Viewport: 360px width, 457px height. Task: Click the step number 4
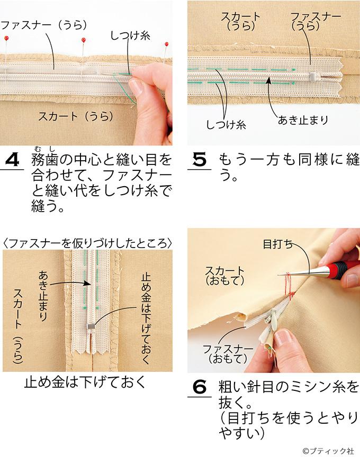click(x=12, y=160)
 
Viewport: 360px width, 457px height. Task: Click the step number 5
click(x=200, y=160)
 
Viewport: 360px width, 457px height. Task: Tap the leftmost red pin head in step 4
click(x=6, y=38)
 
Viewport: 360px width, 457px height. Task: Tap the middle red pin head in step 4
click(x=84, y=40)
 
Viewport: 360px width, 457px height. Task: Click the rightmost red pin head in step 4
click(x=166, y=44)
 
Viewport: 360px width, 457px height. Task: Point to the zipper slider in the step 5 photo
click(x=313, y=77)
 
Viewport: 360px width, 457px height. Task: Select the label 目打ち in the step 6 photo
click(x=277, y=244)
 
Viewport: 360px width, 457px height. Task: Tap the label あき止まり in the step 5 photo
click(x=303, y=120)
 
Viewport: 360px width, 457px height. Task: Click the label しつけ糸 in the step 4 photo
click(x=130, y=36)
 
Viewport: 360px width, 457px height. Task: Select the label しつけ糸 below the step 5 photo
click(x=226, y=125)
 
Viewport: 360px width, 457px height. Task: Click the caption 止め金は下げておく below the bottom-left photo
click(x=85, y=382)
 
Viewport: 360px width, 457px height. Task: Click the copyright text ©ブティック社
click(x=328, y=451)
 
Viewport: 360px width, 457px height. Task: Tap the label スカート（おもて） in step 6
click(x=224, y=276)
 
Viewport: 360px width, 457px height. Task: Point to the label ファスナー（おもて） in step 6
click(x=228, y=353)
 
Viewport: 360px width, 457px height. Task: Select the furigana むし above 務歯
click(x=45, y=149)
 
